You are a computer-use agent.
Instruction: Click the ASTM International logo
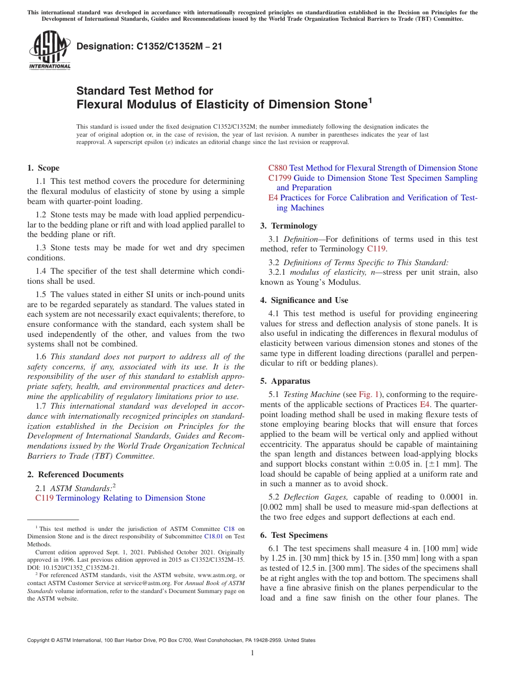[x=49, y=50]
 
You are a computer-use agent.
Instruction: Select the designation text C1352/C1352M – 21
[x=149, y=46]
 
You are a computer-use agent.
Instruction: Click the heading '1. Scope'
[x=43, y=168]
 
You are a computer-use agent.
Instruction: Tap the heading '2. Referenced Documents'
[x=75, y=475]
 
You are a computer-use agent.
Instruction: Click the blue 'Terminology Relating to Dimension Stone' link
[x=130, y=498]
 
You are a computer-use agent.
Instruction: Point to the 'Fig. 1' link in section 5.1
[x=366, y=394]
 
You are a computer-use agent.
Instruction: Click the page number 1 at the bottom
[x=252, y=653]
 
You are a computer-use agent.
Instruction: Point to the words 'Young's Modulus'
[x=335, y=283]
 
